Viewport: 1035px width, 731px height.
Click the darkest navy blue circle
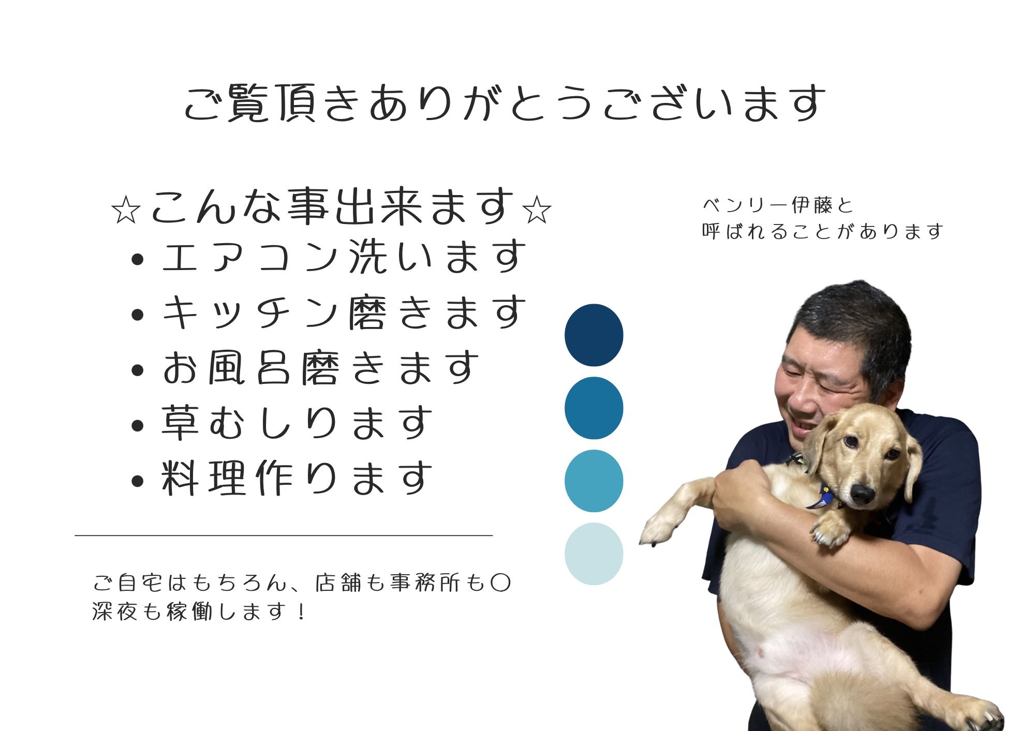point(594,335)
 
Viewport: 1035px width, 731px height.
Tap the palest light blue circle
point(594,554)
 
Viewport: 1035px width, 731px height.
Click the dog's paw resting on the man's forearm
point(830,529)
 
